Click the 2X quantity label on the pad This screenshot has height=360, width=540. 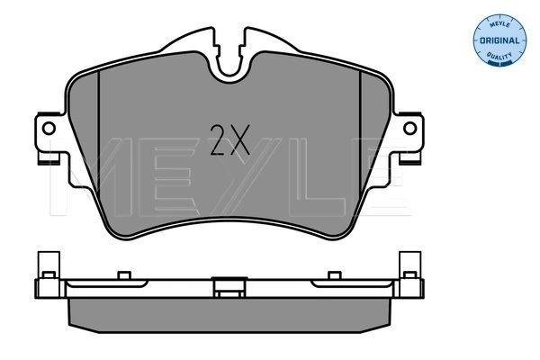pyautogui.click(x=229, y=140)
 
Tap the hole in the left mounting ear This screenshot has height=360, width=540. pyautogui.click(x=49, y=129)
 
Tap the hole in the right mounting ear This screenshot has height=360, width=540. pyautogui.click(x=409, y=129)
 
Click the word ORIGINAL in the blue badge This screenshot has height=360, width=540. pyautogui.click(x=499, y=40)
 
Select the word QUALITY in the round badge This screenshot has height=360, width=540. pyautogui.click(x=499, y=56)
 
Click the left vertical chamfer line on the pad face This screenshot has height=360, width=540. pyautogui.click(x=99, y=138)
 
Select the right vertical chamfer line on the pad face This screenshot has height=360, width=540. pyautogui.click(x=360, y=138)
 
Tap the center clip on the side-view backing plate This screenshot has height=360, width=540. pyautogui.click(x=229, y=287)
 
